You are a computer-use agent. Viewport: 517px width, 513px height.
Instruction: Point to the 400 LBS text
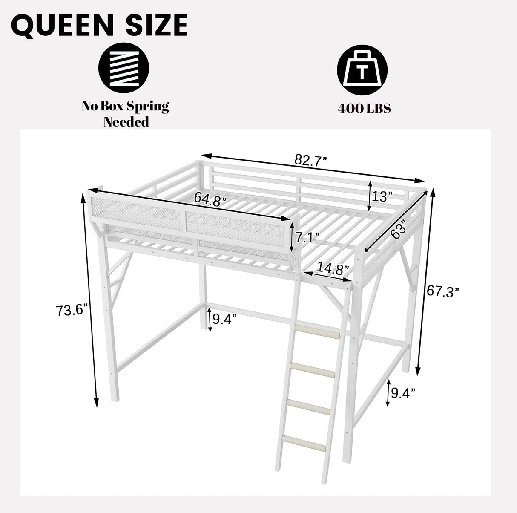(x=364, y=108)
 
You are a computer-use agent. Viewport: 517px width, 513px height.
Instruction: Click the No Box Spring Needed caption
(x=126, y=114)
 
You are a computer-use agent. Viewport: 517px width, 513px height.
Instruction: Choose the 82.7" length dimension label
(x=310, y=161)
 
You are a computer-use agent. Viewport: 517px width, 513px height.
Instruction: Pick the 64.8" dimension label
(x=210, y=199)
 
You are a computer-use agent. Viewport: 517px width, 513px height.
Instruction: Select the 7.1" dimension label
(x=308, y=238)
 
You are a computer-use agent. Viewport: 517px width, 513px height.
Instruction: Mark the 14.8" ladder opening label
(x=332, y=269)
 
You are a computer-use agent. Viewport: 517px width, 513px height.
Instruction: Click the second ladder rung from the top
(x=313, y=369)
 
